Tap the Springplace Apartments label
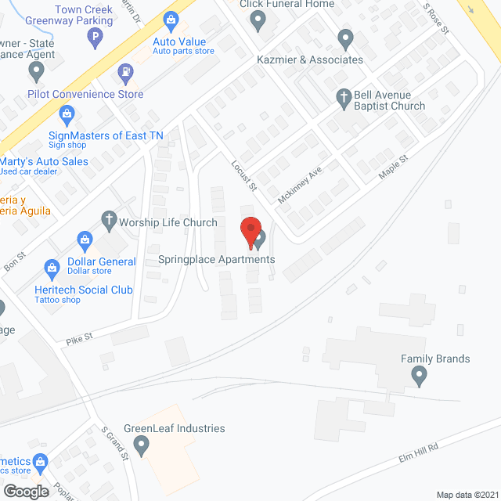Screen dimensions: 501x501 (217, 259)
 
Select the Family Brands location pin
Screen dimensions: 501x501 (419, 377)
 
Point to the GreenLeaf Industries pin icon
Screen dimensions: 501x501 (142, 446)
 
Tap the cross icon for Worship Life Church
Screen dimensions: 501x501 (109, 222)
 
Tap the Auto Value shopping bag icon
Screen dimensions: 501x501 (170, 20)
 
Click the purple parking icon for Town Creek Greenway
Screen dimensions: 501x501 (95, 36)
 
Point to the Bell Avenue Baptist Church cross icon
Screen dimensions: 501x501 (343, 97)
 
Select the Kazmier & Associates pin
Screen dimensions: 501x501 (345, 38)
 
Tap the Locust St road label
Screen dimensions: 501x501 (244, 175)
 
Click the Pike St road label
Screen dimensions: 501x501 (80, 339)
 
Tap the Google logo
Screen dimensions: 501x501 (26, 492)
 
